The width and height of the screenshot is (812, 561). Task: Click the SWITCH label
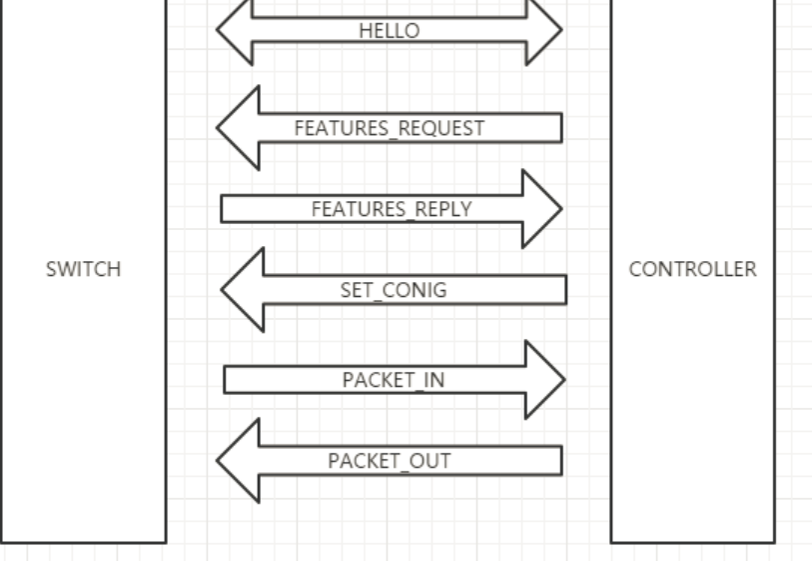[83, 269]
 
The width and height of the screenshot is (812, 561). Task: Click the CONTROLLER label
[692, 269]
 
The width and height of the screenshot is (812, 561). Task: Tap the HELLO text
[390, 31]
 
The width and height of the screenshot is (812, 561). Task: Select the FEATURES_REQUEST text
[390, 128]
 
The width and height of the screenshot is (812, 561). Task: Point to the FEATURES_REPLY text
[391, 209]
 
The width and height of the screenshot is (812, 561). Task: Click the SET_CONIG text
[394, 290]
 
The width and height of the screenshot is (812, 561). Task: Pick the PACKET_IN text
[394, 380]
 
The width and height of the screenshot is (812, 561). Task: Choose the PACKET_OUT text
[390, 461]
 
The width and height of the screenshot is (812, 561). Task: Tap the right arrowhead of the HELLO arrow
[544, 29]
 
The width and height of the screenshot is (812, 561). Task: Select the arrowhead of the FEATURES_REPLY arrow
[541, 209]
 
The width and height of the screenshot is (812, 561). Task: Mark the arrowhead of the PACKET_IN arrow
[544, 380]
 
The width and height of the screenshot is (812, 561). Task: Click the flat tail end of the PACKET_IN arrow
[228, 380]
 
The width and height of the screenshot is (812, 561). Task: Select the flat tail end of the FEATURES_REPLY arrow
[225, 209]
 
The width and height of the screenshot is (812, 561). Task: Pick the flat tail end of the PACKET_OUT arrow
[558, 461]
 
